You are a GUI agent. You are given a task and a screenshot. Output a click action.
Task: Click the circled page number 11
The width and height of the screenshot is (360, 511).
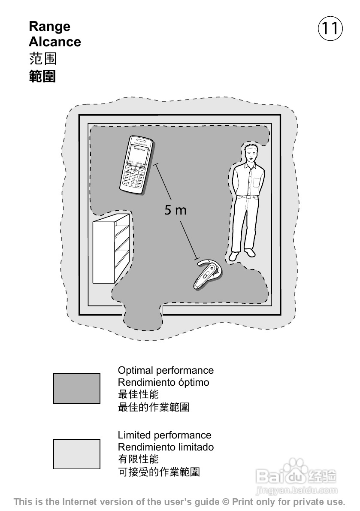point(330,29)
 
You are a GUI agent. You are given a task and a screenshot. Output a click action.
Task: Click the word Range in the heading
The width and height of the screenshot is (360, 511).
point(49,27)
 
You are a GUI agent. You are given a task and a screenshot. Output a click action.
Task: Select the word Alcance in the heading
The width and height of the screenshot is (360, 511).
point(55,42)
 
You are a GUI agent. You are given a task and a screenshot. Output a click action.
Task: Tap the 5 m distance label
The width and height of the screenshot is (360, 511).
point(175,210)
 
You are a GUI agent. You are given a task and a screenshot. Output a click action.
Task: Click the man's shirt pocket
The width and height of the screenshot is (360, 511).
point(257,182)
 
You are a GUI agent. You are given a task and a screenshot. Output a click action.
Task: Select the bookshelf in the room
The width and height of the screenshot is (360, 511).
point(111,248)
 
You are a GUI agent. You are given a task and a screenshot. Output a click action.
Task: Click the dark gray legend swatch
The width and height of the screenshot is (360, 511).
point(76,388)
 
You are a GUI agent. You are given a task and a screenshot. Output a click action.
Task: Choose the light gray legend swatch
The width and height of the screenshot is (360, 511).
point(76,454)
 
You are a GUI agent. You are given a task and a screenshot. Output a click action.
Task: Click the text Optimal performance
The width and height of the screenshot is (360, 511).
point(166,370)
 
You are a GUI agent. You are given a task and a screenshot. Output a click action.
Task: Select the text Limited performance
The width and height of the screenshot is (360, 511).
point(164,435)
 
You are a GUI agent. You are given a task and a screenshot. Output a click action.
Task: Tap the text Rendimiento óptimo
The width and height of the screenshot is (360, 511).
point(163,382)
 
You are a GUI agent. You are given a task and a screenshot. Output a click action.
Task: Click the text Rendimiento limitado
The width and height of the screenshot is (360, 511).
point(166,447)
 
